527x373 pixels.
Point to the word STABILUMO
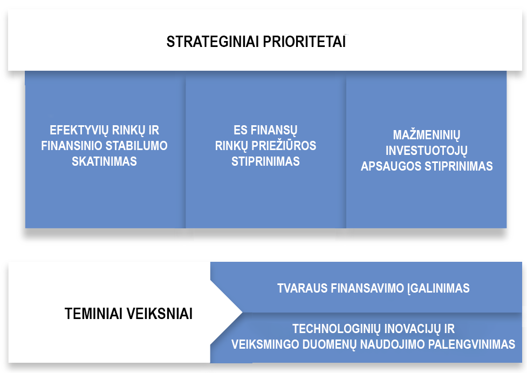[138, 146]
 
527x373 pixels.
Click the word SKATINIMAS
[104, 161]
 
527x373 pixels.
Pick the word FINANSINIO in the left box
[72, 146]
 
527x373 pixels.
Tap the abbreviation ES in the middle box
[240, 131]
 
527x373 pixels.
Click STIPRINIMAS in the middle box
[265, 161]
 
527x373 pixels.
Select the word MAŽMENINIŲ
[426, 135]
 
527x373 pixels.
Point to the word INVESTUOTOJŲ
[426, 150]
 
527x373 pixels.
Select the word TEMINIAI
[95, 314]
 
